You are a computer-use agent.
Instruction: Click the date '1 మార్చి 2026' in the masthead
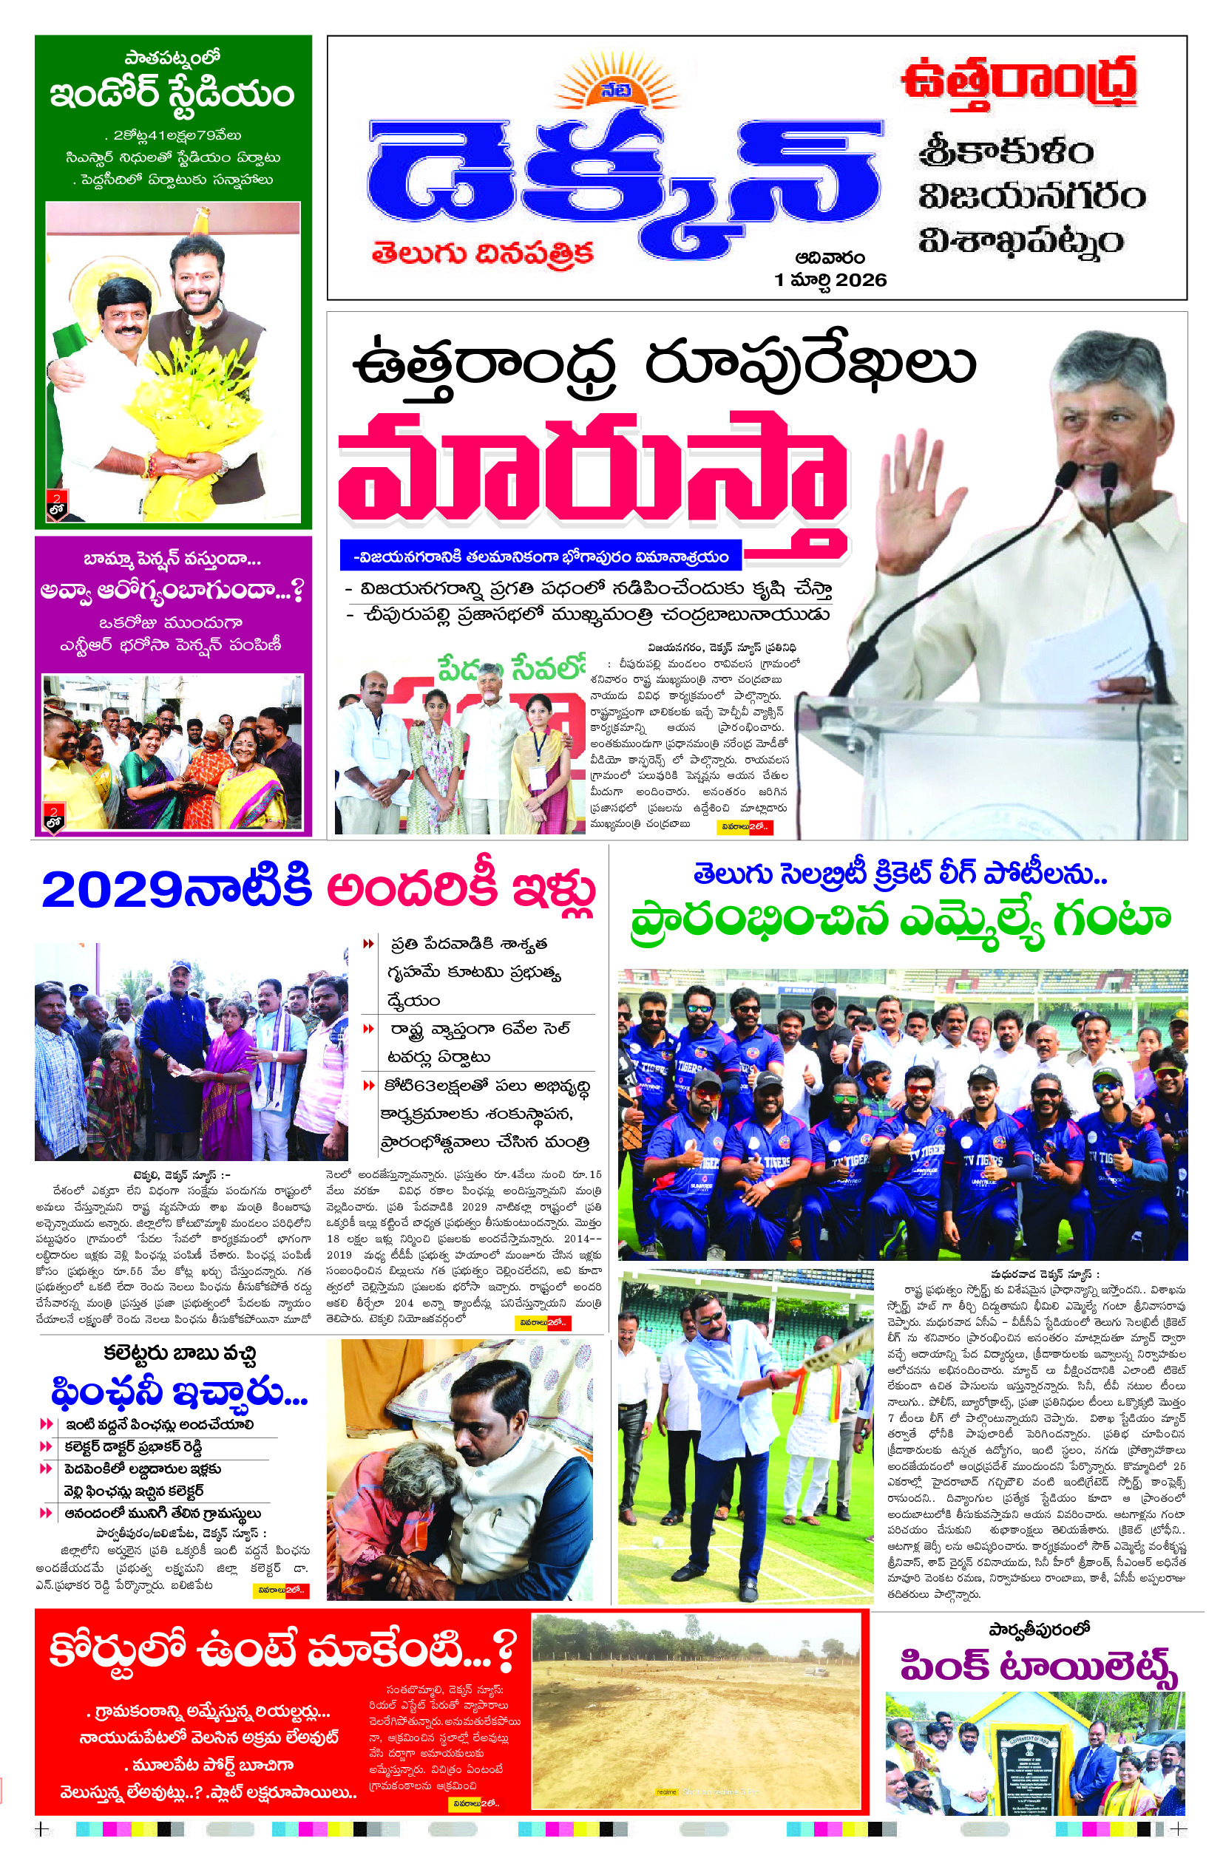coord(830,279)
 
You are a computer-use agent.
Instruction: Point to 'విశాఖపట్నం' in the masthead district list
coord(1020,240)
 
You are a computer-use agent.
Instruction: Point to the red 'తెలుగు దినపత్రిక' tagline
coord(482,253)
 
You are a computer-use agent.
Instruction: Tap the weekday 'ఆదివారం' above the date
coord(830,258)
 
